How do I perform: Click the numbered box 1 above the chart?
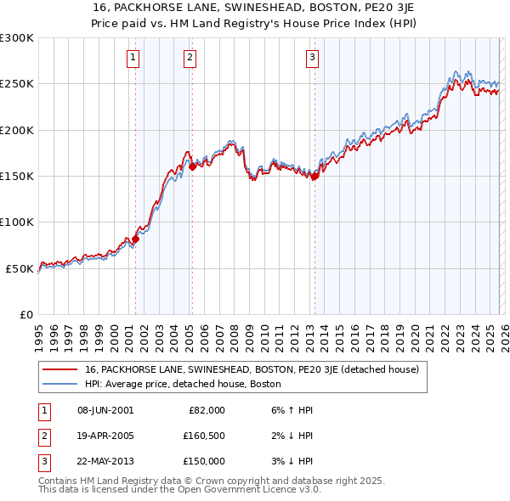[x=134, y=58]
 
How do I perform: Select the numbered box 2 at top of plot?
[x=190, y=58]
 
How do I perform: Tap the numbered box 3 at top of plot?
[x=312, y=58]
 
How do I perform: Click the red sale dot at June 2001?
[x=135, y=239]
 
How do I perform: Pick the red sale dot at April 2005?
[x=192, y=166]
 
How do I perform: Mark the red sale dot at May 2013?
[x=314, y=177]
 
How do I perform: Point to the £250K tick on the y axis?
[x=17, y=84]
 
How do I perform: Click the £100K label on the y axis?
[x=17, y=222]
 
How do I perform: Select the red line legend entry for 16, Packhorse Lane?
[x=252, y=370]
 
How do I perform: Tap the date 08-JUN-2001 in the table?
[x=105, y=410]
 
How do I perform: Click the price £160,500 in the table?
[x=205, y=436]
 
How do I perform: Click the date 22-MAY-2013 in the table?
[x=105, y=461]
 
